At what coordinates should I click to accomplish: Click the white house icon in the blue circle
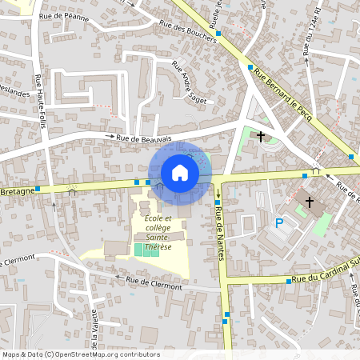point(180,173)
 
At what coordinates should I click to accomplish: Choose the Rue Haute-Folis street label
point(38,97)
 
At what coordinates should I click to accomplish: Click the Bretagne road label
point(15,192)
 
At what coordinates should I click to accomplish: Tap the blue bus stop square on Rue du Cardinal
point(288,281)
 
